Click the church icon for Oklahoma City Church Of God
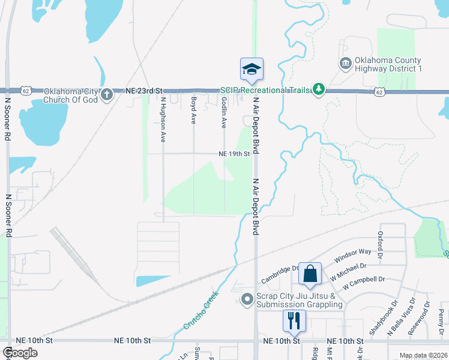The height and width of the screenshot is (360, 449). pos(107,94)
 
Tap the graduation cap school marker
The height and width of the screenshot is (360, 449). pos(252,69)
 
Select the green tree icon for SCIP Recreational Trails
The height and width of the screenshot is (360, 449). pos(319,90)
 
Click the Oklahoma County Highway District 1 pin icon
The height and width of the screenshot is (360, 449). pos(346,64)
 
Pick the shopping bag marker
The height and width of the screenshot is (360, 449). pos(310,274)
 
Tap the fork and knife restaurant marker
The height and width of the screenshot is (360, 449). pos(294,320)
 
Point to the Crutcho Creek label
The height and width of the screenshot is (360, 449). pos(200,310)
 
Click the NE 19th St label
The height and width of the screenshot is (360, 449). pos(234,154)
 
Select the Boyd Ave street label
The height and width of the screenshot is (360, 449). pos(193,110)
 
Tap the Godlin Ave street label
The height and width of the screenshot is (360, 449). pos(224,113)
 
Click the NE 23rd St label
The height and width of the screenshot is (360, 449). pos(145,90)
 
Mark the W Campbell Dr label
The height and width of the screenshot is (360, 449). pos(364,280)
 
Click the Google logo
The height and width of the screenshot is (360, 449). pos(20,353)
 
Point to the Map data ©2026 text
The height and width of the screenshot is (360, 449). pos(422,355)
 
